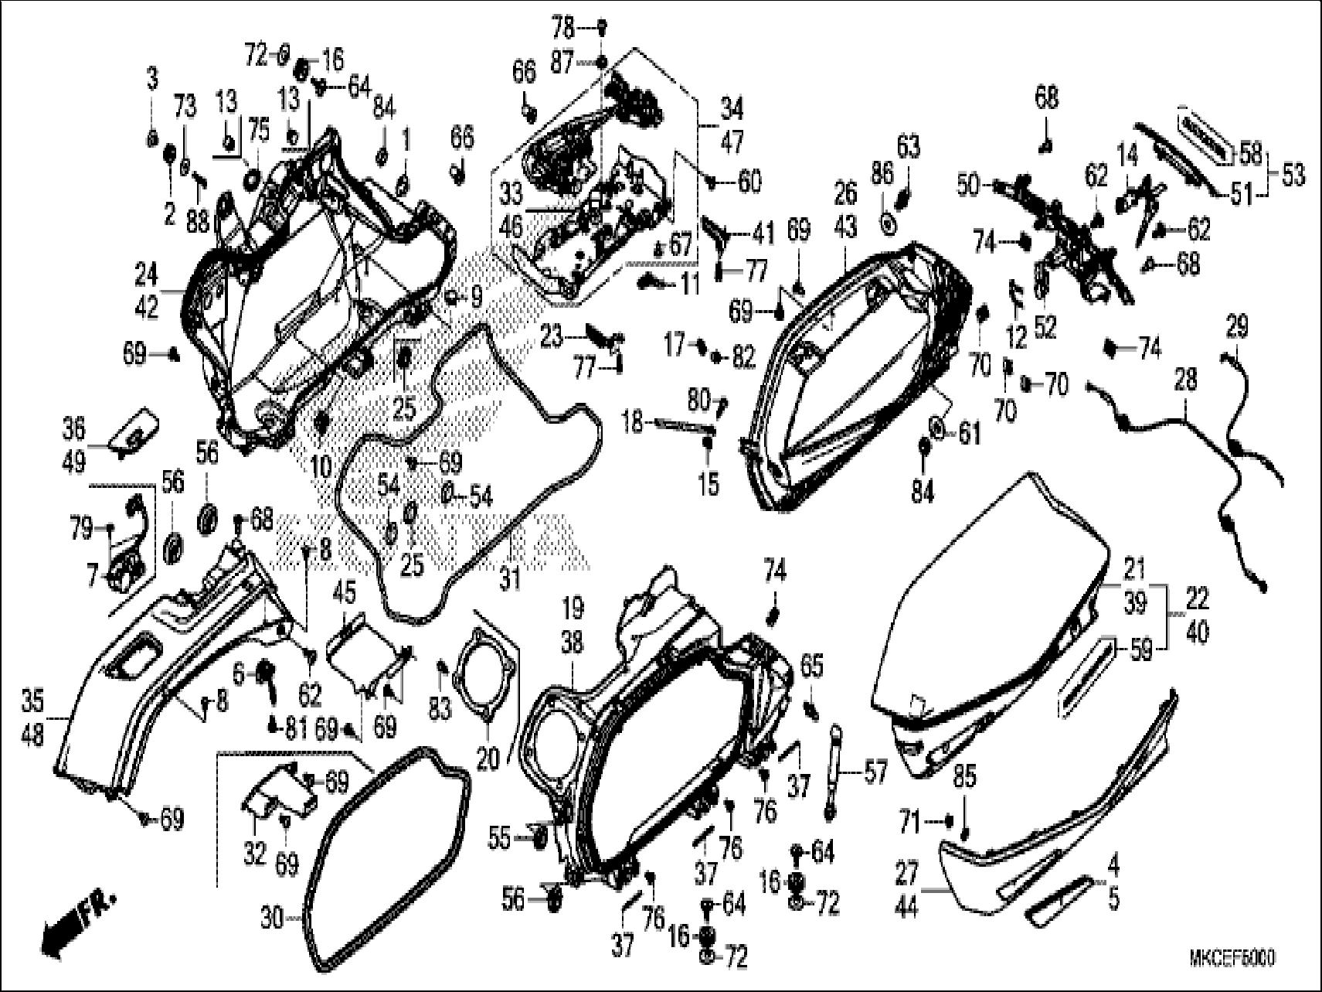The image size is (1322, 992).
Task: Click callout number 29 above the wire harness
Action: pyautogui.click(x=1237, y=326)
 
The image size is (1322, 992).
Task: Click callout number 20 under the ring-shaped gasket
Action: pyautogui.click(x=488, y=759)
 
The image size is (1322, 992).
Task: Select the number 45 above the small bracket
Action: pyautogui.click(x=344, y=595)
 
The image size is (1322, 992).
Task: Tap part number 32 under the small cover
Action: pyautogui.click(x=255, y=854)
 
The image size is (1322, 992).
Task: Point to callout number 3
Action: pyautogui.click(x=152, y=77)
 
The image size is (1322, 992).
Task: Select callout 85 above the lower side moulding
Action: pyautogui.click(x=965, y=777)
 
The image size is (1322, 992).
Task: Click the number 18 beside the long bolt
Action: pyautogui.click(x=633, y=422)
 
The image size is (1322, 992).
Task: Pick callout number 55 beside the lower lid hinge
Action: pyautogui.click(x=500, y=837)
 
